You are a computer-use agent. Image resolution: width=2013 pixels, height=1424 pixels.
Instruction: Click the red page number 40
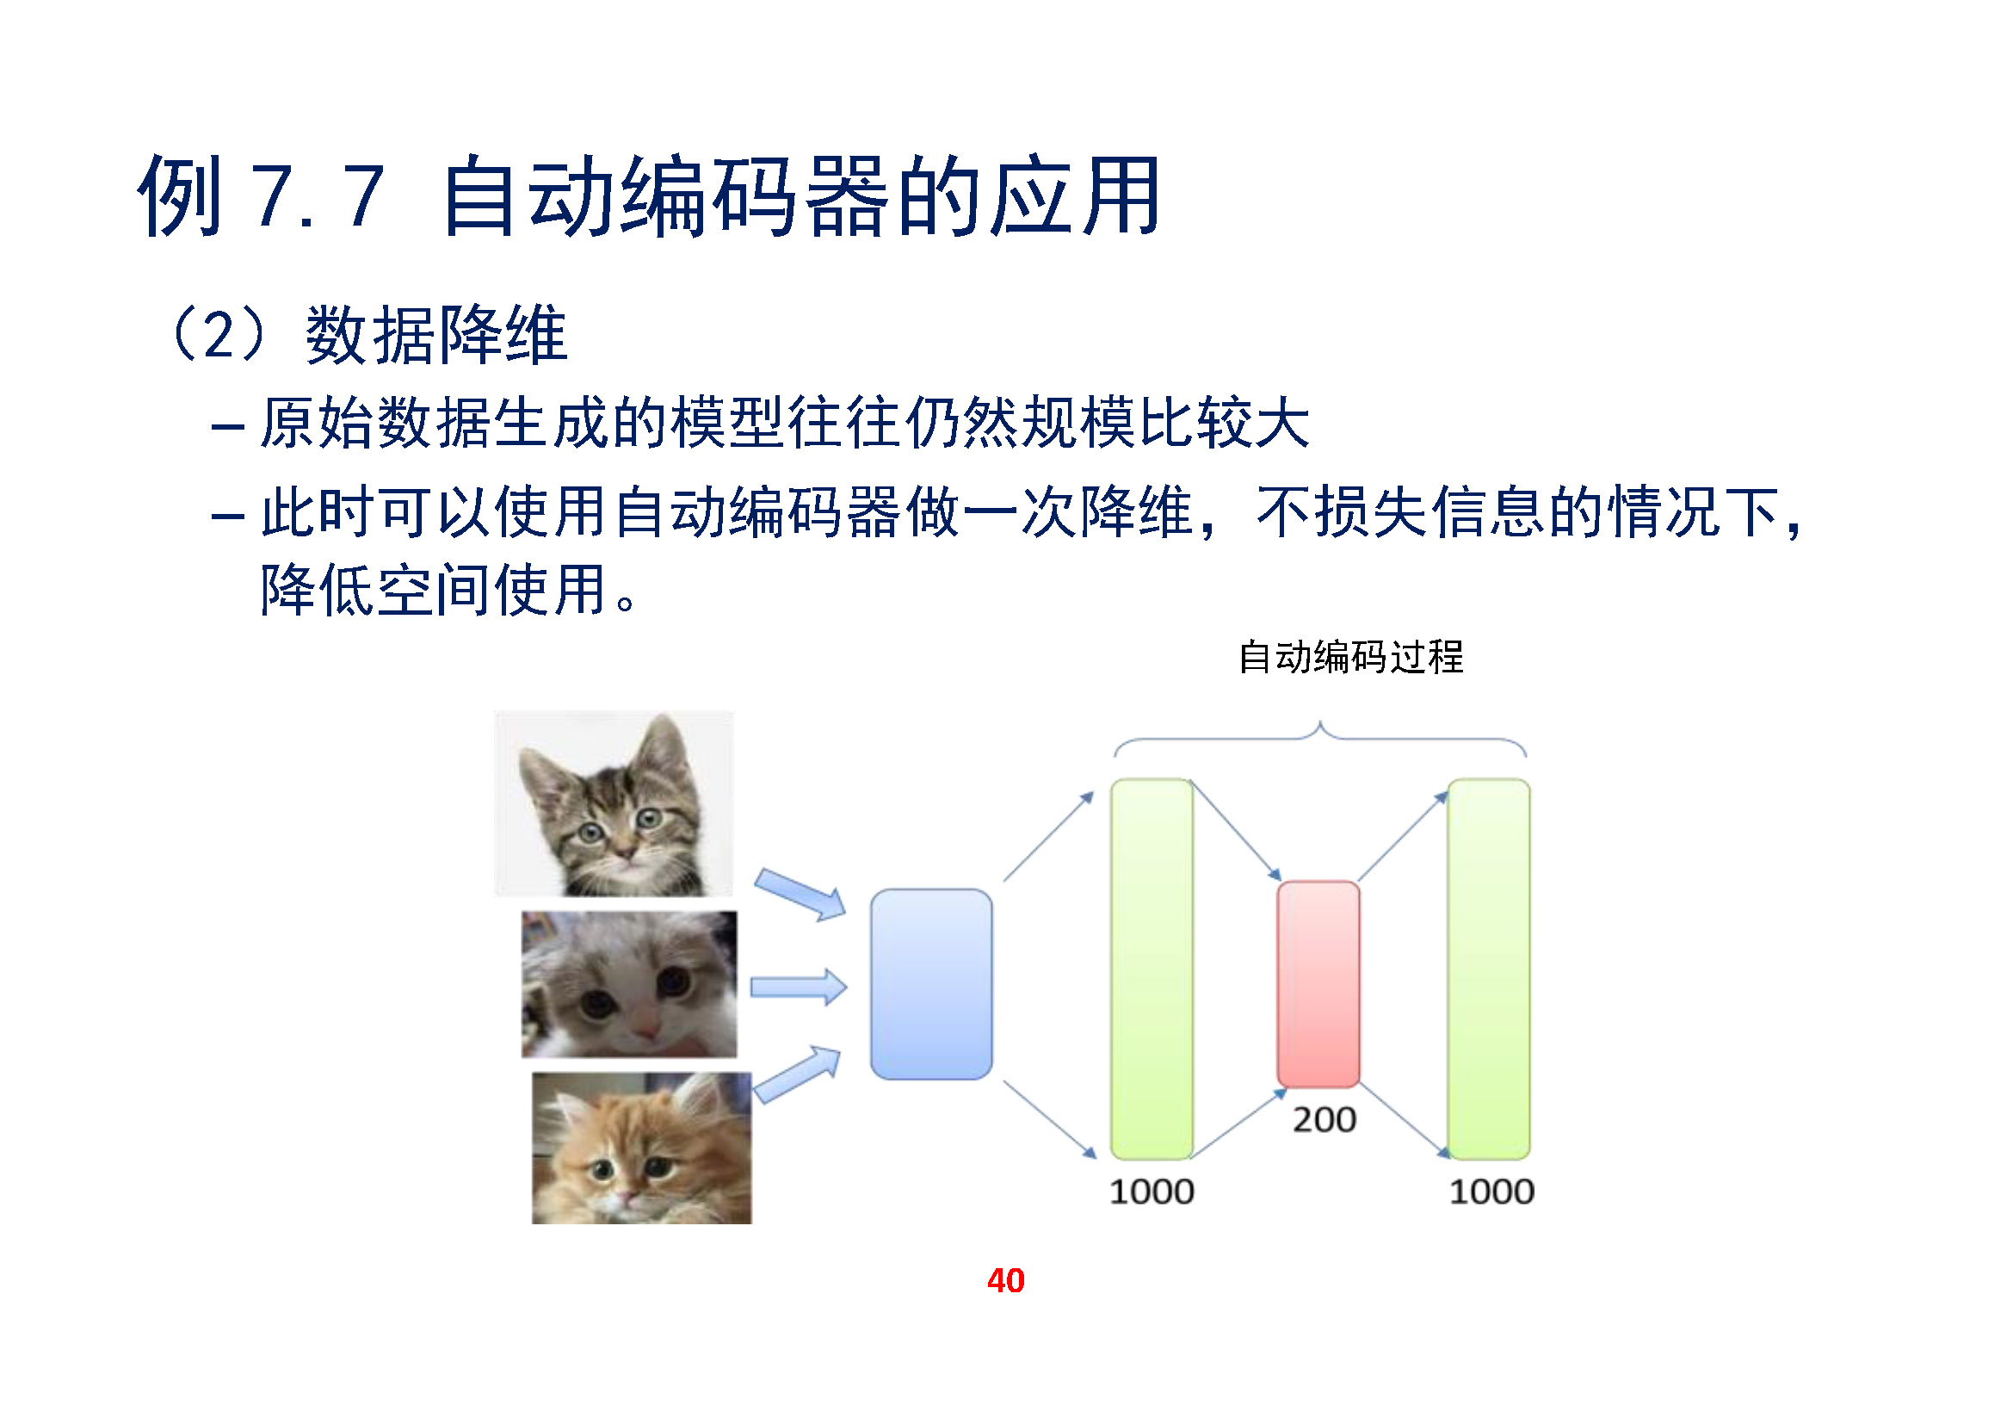(1005, 1280)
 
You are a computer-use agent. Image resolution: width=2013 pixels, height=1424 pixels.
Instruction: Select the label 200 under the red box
(1324, 1120)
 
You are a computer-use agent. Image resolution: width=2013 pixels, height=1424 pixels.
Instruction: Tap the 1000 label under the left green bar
(1152, 1192)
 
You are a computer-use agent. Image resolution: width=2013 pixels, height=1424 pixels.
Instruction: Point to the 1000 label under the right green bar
(1491, 1192)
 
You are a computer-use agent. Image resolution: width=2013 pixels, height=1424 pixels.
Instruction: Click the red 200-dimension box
(1318, 984)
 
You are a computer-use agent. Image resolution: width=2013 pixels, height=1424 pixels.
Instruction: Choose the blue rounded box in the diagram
(931, 984)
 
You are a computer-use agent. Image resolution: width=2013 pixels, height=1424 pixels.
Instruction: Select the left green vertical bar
(1152, 969)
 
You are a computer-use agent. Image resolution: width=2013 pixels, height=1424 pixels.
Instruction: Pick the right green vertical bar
(1489, 969)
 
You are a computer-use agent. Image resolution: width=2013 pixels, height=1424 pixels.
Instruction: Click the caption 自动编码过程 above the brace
(1350, 657)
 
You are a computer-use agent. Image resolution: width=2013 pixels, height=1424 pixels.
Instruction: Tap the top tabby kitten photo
(614, 803)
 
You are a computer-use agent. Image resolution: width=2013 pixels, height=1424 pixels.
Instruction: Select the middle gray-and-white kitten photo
(629, 984)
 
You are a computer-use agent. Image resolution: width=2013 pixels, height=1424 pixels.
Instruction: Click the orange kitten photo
(642, 1148)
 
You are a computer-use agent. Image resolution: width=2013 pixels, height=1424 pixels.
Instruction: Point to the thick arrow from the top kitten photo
(800, 895)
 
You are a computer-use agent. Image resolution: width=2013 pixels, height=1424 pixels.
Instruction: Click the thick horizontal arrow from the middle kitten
(799, 988)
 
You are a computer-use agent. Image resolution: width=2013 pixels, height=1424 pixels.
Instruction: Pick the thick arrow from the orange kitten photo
(797, 1074)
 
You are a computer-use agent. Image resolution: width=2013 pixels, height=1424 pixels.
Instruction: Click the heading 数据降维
(436, 335)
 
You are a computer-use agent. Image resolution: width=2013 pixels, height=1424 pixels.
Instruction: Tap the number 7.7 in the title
(318, 196)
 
